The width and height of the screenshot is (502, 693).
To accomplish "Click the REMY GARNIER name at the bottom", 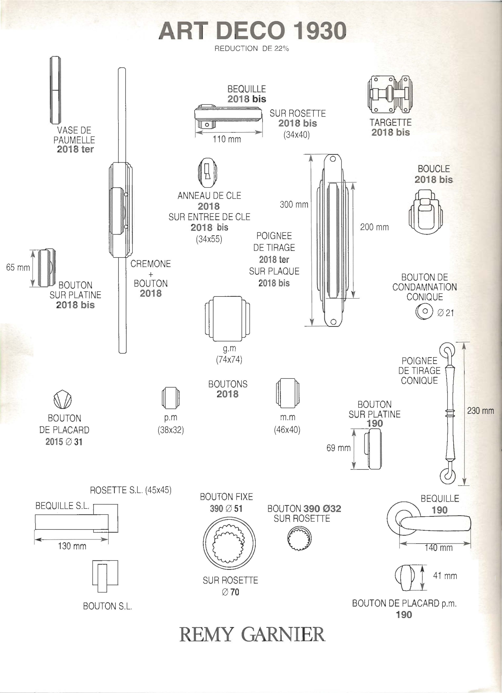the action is [x=252, y=635].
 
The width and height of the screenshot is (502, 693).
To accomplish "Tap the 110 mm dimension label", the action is [x=227, y=139].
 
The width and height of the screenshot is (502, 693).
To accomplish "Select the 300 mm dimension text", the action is [x=294, y=204].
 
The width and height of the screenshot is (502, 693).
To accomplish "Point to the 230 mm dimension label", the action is [x=480, y=411].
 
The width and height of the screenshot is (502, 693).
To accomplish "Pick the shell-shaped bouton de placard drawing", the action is [x=63, y=399].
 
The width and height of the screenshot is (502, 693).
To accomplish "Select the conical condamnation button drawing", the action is [x=424, y=312].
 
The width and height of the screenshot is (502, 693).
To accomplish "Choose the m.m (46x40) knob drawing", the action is [x=288, y=393].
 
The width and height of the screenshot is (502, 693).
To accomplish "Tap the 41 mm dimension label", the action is [x=445, y=576].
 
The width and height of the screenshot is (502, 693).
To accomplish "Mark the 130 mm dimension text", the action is [x=72, y=546].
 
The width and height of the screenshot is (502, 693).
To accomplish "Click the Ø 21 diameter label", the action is [x=446, y=313].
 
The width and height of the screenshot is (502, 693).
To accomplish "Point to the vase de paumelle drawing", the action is [x=55, y=90].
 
